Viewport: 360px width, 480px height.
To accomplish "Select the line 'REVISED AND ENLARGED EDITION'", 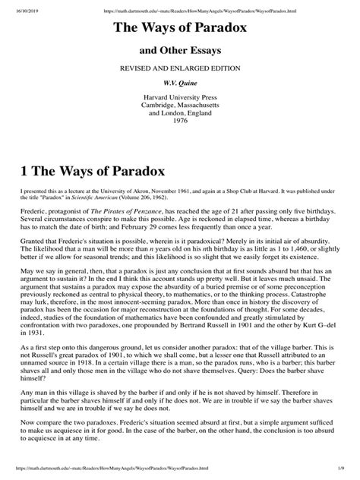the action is pos(180,69).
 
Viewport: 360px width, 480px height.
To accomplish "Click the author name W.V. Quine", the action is pos(180,84).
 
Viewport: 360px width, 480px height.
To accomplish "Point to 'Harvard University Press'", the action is pos(180,99).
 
